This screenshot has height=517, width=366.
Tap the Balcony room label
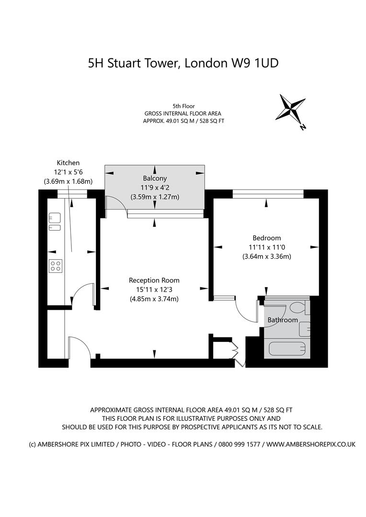click(x=154, y=178)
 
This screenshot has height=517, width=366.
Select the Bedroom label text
click(x=266, y=238)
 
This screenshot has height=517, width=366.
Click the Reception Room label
click(x=154, y=280)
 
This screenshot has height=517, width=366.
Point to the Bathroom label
click(x=283, y=320)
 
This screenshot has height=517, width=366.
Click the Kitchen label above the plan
click(x=68, y=163)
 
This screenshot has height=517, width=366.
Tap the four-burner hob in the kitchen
click(x=56, y=266)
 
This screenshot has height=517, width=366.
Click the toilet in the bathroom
click(x=298, y=307)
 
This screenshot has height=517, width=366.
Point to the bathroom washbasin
click(x=305, y=329)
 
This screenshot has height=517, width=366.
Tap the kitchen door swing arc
click(x=82, y=293)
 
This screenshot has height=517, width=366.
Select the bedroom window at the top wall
click(x=268, y=193)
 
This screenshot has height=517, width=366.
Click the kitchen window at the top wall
click(x=72, y=193)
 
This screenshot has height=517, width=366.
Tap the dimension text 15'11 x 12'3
click(x=154, y=290)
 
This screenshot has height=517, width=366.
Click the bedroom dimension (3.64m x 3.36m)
click(x=266, y=256)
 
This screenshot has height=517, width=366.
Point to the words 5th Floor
click(x=183, y=106)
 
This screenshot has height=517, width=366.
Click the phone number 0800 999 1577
click(x=239, y=444)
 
